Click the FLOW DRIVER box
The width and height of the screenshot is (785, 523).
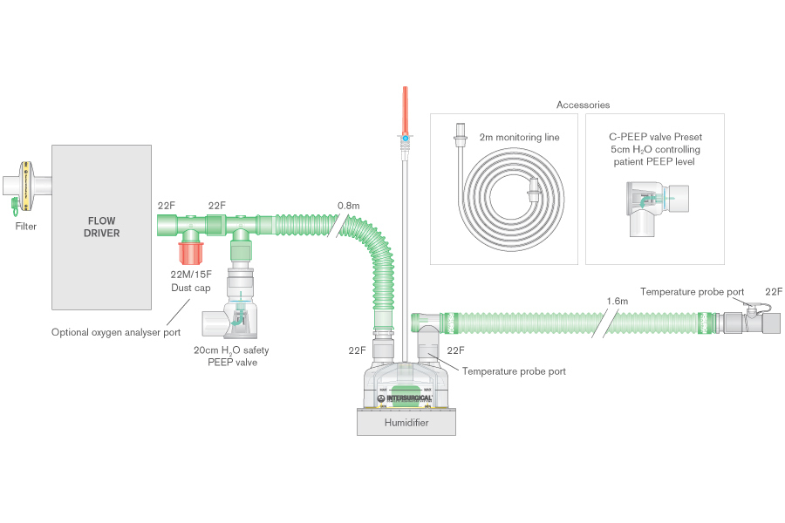tap(103, 227)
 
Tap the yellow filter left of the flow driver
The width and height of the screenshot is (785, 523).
tap(26, 186)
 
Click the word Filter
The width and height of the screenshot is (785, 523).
tap(26, 227)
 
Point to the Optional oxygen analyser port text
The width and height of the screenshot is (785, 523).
tap(116, 332)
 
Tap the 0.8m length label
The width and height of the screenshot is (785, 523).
tap(348, 207)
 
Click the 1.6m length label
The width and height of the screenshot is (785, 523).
tap(617, 302)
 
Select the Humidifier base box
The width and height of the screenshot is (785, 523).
tap(406, 422)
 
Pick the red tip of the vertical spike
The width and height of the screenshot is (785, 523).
tap(405, 109)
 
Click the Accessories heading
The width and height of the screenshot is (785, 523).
tap(583, 105)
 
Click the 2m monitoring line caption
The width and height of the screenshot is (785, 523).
tap(519, 137)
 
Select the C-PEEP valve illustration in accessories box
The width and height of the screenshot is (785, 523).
tap(654, 206)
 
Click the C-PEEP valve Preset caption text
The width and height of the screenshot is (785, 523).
tap(655, 149)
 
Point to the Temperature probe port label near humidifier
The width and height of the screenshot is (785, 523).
tap(514, 371)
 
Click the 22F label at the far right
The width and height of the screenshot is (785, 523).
tap(773, 291)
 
